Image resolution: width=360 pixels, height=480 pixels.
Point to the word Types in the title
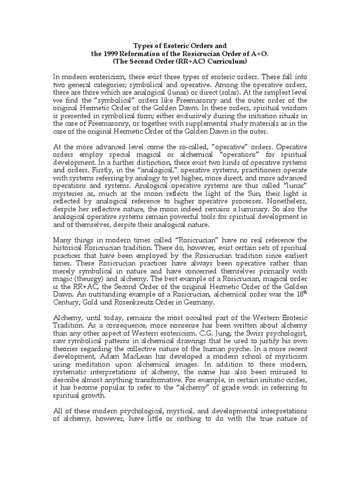pos(143,46)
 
